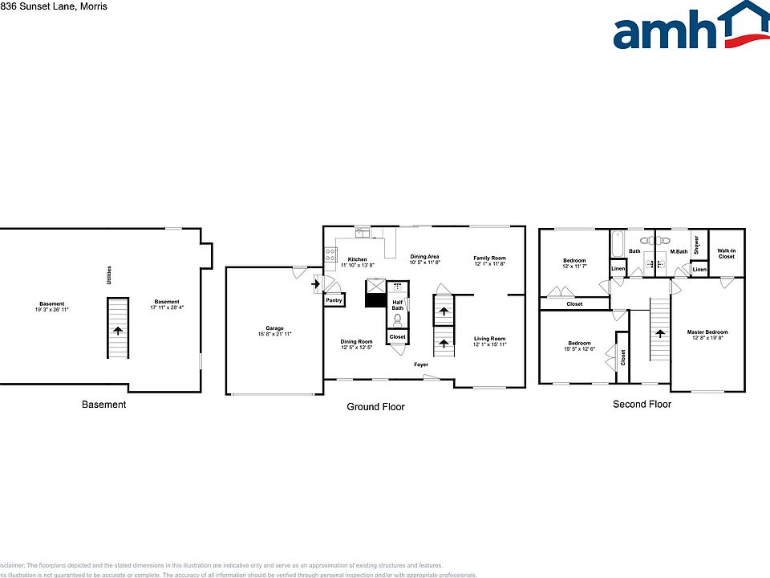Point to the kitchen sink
pos(363,232)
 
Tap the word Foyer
pos(421,364)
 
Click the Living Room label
pos(489,339)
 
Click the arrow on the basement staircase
pos(118,329)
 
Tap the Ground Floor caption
pos(375,407)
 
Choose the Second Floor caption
pos(642,404)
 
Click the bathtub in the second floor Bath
pos(615,243)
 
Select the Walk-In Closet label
pos(726,254)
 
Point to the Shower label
pos(697,243)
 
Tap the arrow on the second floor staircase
pos(659,332)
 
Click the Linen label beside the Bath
pos(618,269)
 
